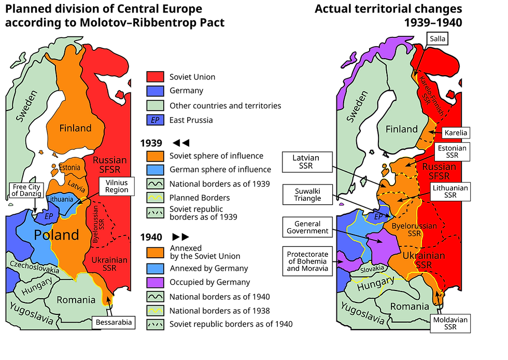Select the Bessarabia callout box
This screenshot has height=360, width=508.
point(112,323)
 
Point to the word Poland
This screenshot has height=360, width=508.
point(57,235)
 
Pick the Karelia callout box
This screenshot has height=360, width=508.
point(455,133)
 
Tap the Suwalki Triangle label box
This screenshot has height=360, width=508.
point(308,194)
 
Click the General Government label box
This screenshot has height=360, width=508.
point(308,227)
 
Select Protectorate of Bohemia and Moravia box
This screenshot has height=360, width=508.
point(308,261)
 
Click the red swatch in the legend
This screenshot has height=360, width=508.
point(155,77)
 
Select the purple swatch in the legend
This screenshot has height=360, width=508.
point(155,283)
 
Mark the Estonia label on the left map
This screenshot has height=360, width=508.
point(70,168)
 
